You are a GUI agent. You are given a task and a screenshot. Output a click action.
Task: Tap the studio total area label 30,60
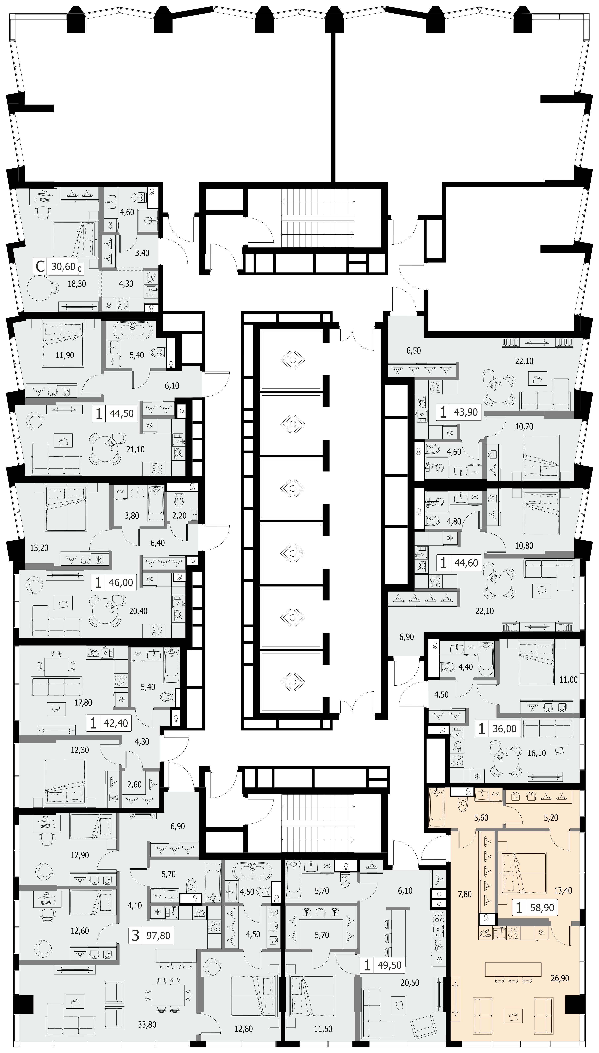63,267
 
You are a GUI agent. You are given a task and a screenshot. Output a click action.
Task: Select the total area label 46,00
121,583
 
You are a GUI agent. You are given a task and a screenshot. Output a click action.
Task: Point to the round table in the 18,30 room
40,288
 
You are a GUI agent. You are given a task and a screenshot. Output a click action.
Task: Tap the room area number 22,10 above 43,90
524,361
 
